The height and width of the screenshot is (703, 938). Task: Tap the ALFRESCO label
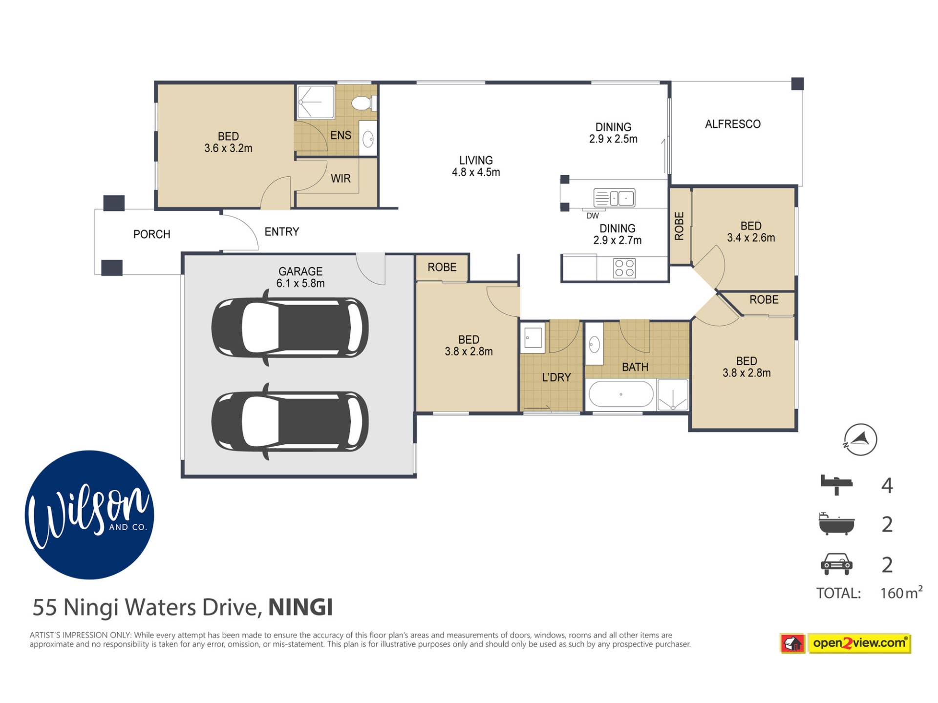click(732, 124)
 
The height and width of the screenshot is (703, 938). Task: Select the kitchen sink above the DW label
click(614, 198)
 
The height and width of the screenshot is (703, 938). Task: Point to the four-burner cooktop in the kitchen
click(624, 268)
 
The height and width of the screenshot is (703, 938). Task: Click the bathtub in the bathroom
click(621, 394)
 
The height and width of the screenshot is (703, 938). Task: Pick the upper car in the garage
click(290, 327)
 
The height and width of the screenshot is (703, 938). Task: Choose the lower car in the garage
click(290, 421)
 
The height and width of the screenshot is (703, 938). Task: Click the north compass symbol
click(860, 439)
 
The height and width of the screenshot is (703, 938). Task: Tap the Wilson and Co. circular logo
click(89, 515)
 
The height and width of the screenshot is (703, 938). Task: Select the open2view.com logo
click(846, 643)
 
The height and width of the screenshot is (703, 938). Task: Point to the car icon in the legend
click(836, 564)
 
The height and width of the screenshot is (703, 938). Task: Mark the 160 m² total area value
click(901, 592)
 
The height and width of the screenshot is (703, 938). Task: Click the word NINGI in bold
click(301, 607)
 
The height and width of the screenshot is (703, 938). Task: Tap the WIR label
click(341, 179)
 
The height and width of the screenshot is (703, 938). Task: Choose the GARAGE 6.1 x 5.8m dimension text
click(300, 277)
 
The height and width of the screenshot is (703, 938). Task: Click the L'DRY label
click(556, 377)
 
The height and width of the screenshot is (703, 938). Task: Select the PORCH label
click(152, 234)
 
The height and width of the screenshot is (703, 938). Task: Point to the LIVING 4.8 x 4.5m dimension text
click(476, 166)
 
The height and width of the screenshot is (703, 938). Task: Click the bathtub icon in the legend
click(836, 524)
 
